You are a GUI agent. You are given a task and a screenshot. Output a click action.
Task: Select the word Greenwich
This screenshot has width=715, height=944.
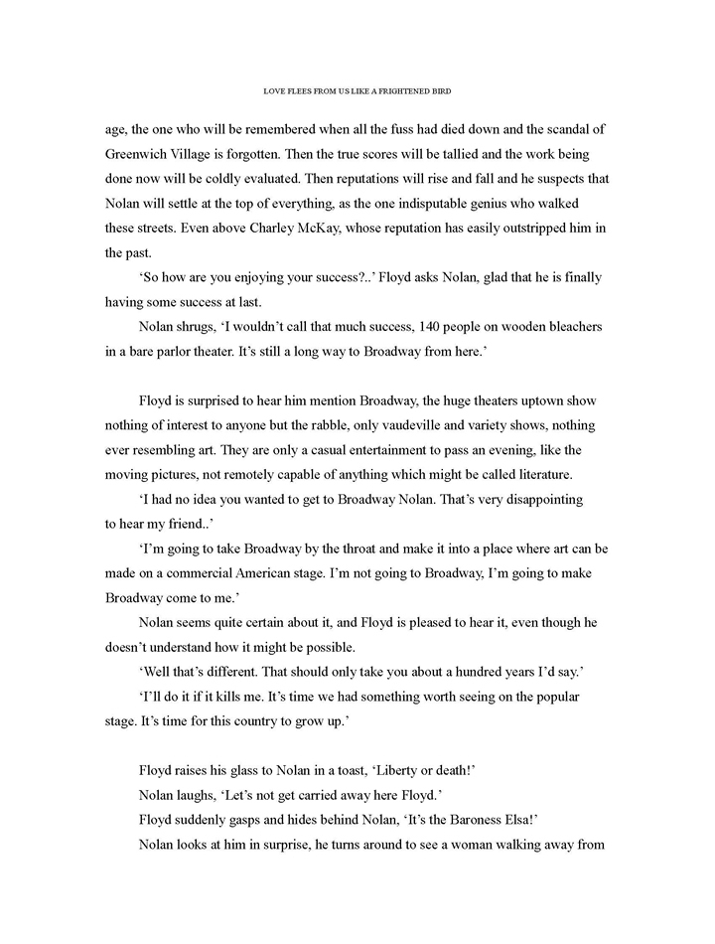(142, 154)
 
